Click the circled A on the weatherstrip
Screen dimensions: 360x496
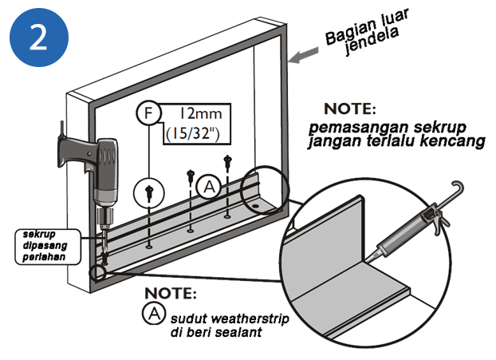(209, 186)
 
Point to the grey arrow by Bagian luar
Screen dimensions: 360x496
(303, 56)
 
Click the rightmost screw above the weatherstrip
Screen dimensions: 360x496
(229, 162)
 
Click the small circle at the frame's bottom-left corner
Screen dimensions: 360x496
(98, 274)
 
